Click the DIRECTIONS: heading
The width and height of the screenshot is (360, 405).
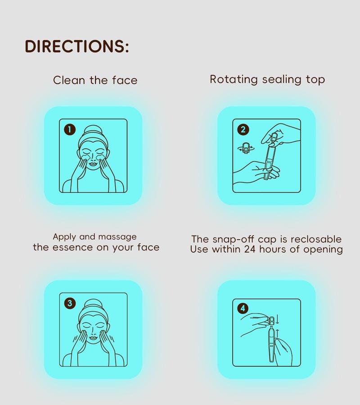point(76,46)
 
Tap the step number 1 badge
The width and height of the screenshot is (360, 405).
point(70,129)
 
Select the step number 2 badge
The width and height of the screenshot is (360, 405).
point(243,129)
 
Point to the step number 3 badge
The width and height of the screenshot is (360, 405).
point(70,303)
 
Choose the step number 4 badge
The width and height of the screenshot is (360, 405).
point(243,308)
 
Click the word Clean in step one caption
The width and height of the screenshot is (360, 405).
point(69,80)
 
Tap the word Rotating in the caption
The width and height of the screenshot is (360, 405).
point(234,79)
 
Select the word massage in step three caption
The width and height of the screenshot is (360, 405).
point(117,237)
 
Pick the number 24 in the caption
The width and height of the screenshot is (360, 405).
point(250,249)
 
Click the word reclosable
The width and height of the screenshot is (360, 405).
point(316,239)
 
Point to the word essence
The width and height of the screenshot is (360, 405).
point(72,247)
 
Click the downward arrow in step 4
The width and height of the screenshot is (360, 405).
point(278,319)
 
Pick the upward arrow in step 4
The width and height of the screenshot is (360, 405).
point(278,333)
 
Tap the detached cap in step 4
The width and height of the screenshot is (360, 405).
point(271,321)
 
